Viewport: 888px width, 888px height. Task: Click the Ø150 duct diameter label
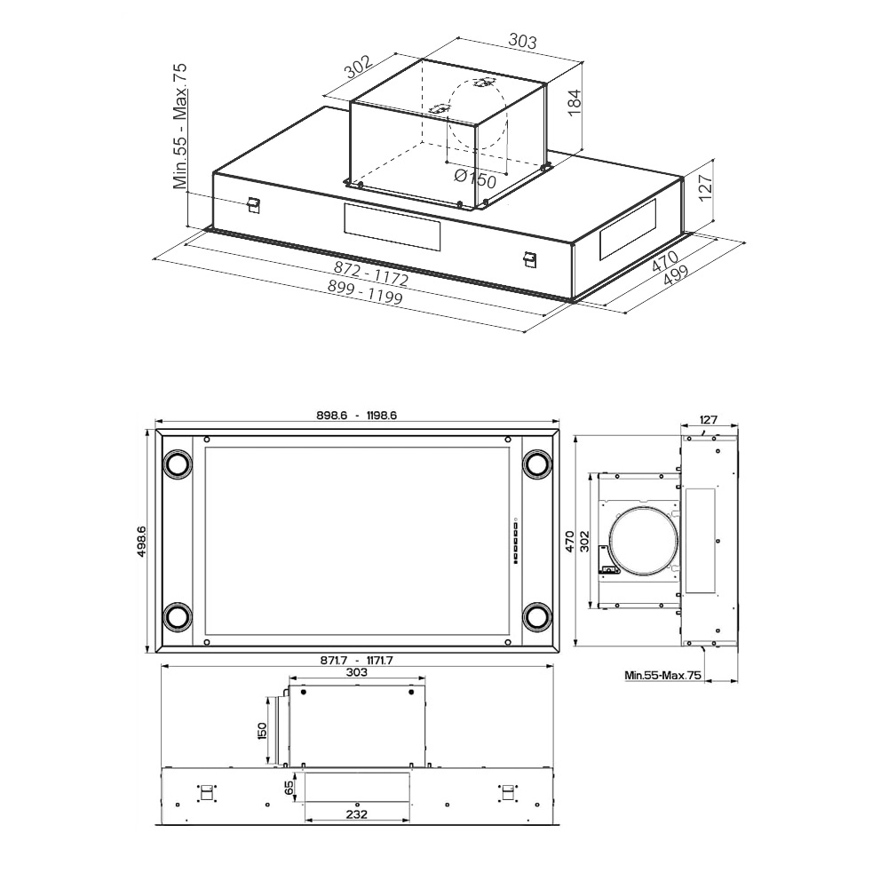(x=476, y=178)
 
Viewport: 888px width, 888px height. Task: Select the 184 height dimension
(x=575, y=102)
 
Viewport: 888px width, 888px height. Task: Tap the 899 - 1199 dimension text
(x=365, y=292)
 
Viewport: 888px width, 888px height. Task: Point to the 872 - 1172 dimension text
(x=371, y=274)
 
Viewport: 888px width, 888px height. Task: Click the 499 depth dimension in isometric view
(x=675, y=274)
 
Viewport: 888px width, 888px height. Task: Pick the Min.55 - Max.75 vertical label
(x=180, y=126)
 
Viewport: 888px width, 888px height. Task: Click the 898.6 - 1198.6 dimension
(x=357, y=415)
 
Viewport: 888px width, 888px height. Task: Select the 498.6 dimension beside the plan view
(x=141, y=541)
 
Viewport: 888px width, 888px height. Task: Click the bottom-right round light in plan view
(x=536, y=616)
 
